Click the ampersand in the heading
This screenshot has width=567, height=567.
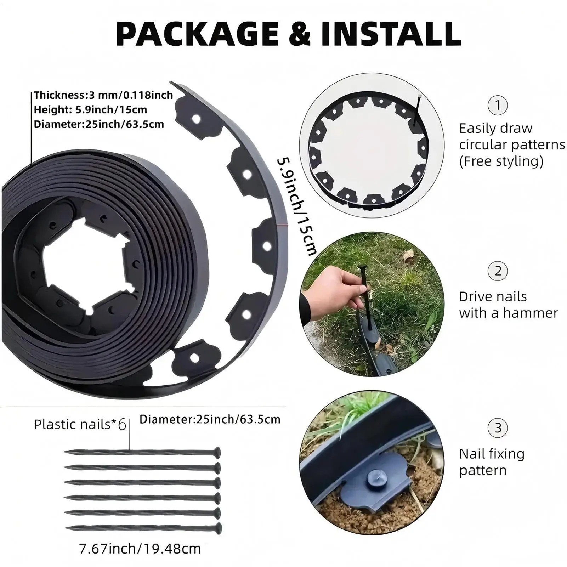(300, 34)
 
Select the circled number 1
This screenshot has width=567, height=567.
(498, 105)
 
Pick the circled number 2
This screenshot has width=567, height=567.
(498, 271)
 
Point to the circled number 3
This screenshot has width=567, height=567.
(498, 428)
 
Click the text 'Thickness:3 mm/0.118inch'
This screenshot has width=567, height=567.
(103, 95)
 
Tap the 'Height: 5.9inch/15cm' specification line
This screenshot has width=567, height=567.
(90, 110)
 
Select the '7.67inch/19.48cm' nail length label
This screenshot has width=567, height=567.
(140, 549)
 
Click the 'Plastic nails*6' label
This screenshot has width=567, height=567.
(80, 424)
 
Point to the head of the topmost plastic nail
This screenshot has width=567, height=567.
(217, 453)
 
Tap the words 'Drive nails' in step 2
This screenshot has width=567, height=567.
(493, 297)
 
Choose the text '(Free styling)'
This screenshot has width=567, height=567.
(501, 161)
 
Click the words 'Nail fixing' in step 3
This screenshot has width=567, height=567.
(492, 454)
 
